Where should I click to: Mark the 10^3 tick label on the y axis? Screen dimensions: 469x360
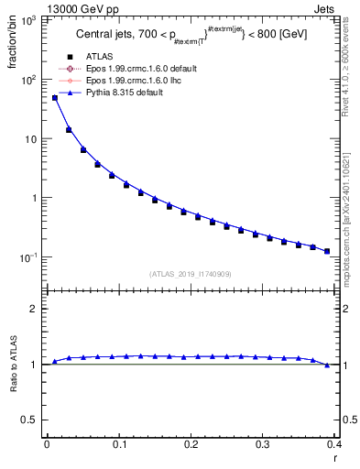coord(29,21)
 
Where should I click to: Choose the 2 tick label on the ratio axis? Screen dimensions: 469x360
coord(34,310)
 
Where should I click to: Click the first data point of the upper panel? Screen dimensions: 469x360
coord(54,97)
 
